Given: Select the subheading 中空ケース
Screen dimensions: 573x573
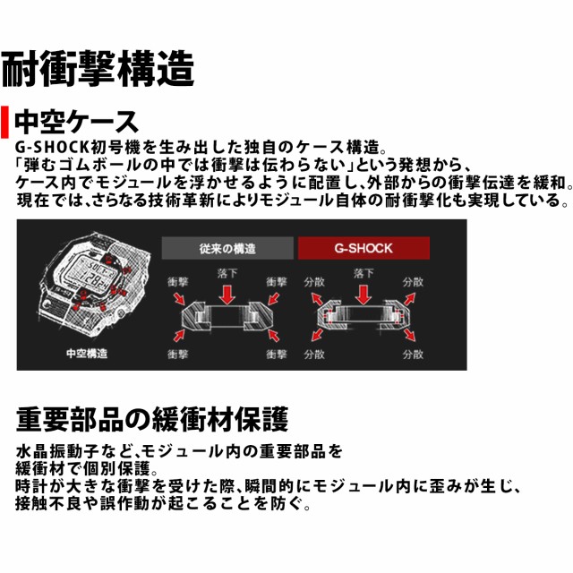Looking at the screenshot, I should (77, 121).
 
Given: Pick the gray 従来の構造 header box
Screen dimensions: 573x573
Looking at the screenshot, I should (227, 248).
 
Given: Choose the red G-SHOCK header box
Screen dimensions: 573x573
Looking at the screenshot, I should (363, 248).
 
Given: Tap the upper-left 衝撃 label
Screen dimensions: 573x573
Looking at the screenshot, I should (178, 281).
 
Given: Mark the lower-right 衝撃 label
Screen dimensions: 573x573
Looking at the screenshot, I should (277, 355).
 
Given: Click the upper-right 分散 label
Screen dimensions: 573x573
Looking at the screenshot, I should (413, 281).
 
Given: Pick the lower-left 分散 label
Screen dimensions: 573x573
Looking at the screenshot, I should (314, 355).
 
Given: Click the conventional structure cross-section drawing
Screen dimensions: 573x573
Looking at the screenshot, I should (227, 319).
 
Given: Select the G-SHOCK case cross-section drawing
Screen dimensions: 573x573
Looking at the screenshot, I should (363, 319).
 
